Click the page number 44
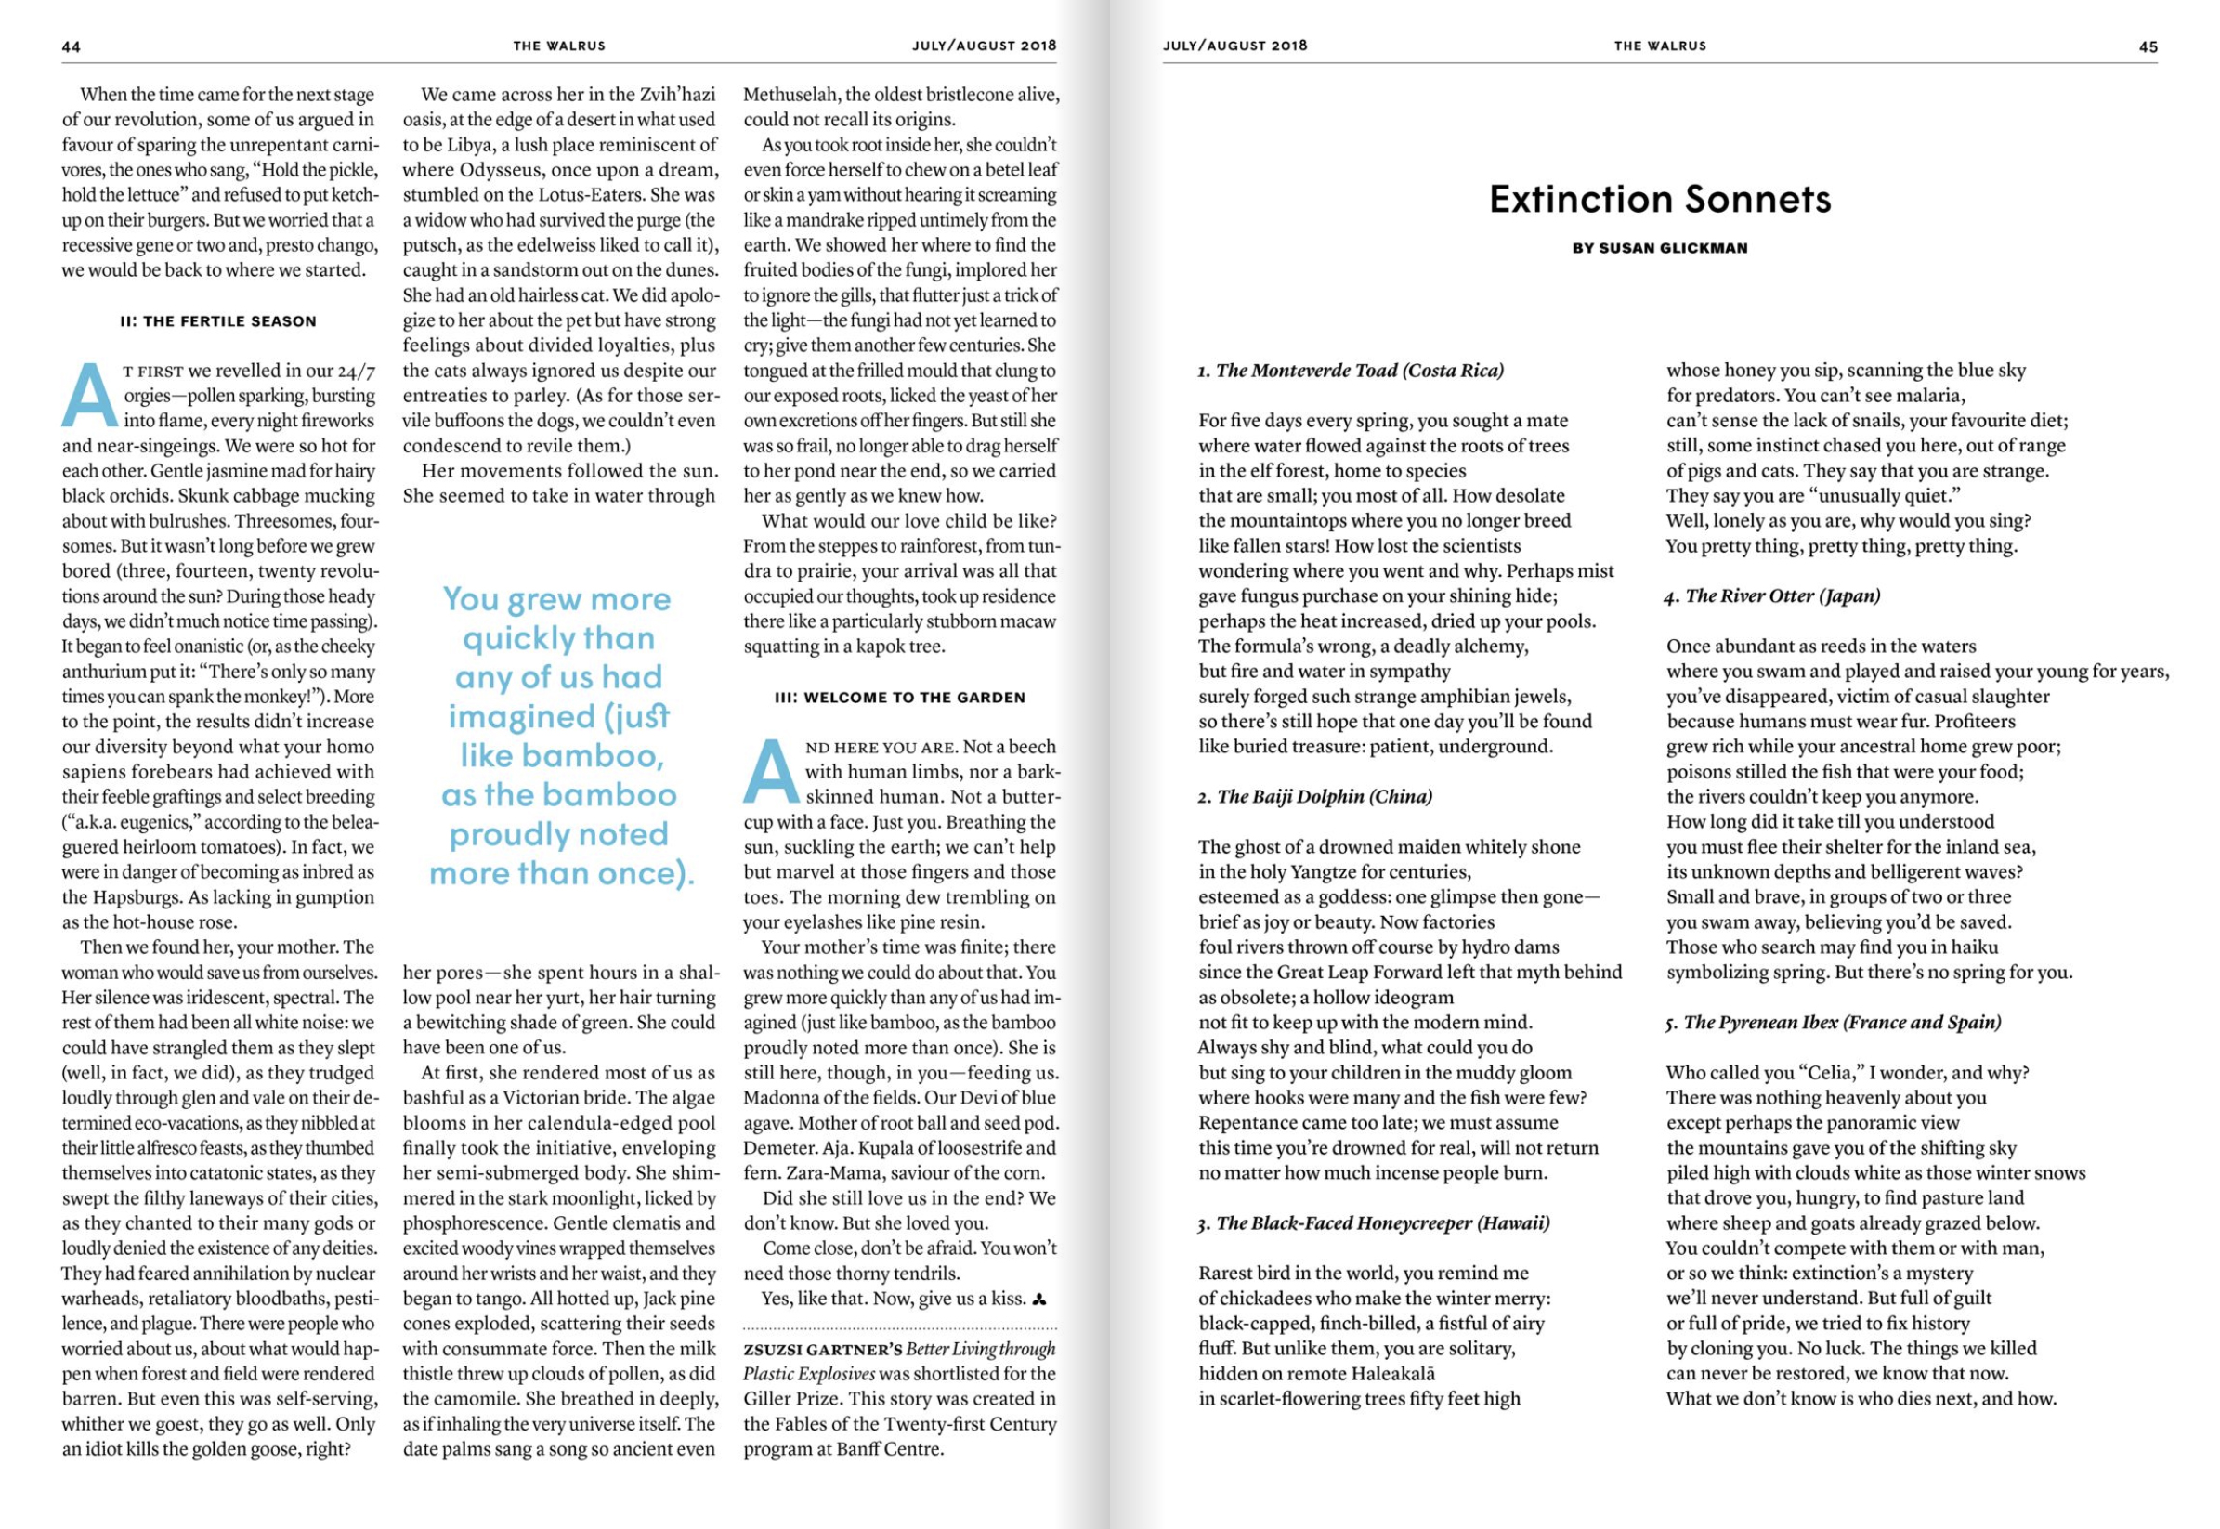pyautogui.click(x=71, y=47)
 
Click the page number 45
pyautogui.click(x=2148, y=47)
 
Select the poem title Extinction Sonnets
pyautogui.click(x=1659, y=200)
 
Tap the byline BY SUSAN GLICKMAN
pyautogui.click(x=1659, y=248)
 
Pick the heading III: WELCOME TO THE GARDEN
pyautogui.click(x=899, y=698)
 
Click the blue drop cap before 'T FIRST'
pyautogui.click(x=89, y=395)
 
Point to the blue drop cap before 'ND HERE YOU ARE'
pyautogui.click(x=771, y=772)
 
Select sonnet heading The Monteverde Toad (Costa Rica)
pyautogui.click(x=1351, y=371)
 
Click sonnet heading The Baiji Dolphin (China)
pyautogui.click(x=1315, y=797)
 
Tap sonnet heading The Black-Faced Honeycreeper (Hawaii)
pyautogui.click(x=1374, y=1223)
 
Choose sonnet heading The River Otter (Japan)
pyautogui.click(x=1772, y=595)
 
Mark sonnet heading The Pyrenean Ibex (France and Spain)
pyautogui.click(x=1833, y=1022)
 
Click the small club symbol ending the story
pyautogui.click(x=1039, y=1300)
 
